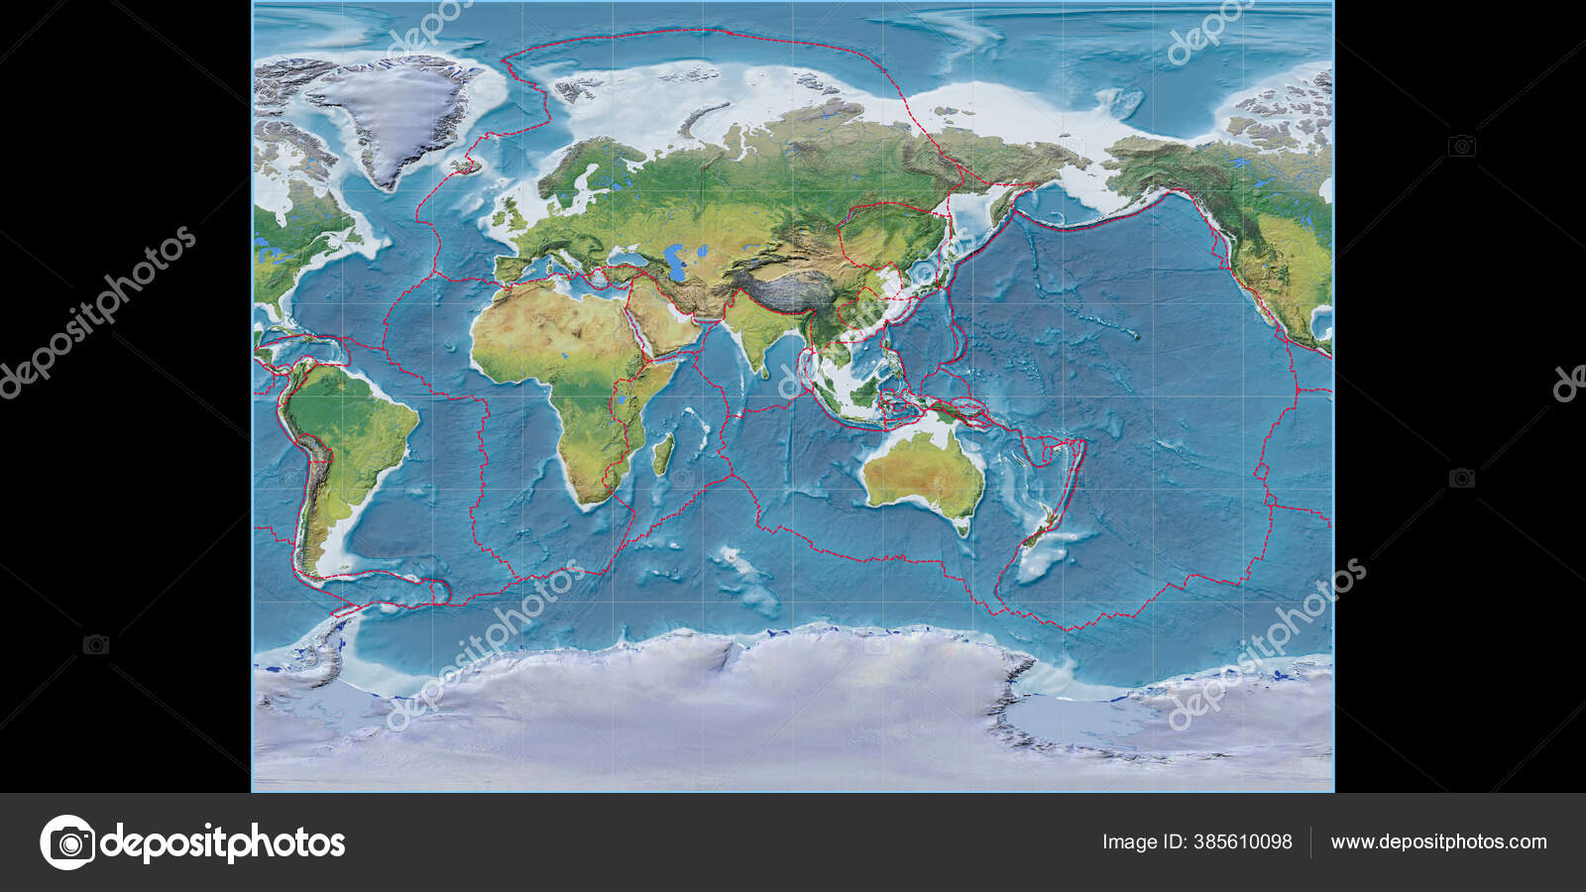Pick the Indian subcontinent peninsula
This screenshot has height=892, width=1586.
753,342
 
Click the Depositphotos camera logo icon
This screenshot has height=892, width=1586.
67,842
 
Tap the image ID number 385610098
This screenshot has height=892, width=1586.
1243,842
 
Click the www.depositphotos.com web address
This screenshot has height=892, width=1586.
1438,842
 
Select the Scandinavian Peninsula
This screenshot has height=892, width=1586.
585,168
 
